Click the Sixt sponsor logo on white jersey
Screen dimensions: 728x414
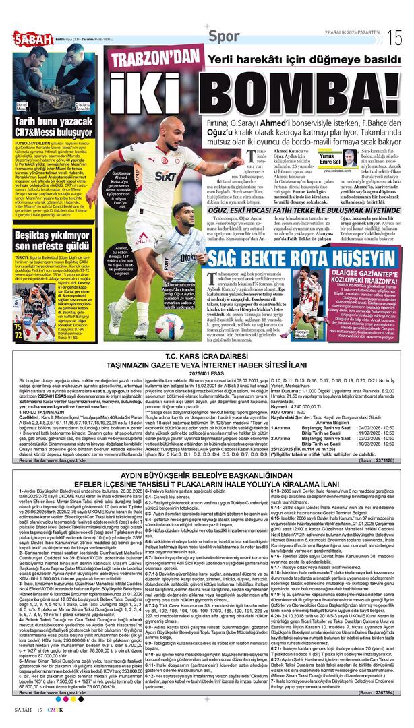(x=164, y=177)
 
